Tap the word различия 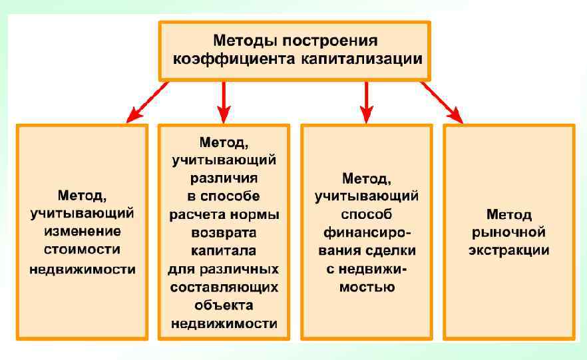pos(224,179)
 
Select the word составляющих pos(224,289)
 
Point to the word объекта pos(224,306)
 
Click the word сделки pos(389,252)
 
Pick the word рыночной pos(509,233)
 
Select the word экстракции pos(509,251)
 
